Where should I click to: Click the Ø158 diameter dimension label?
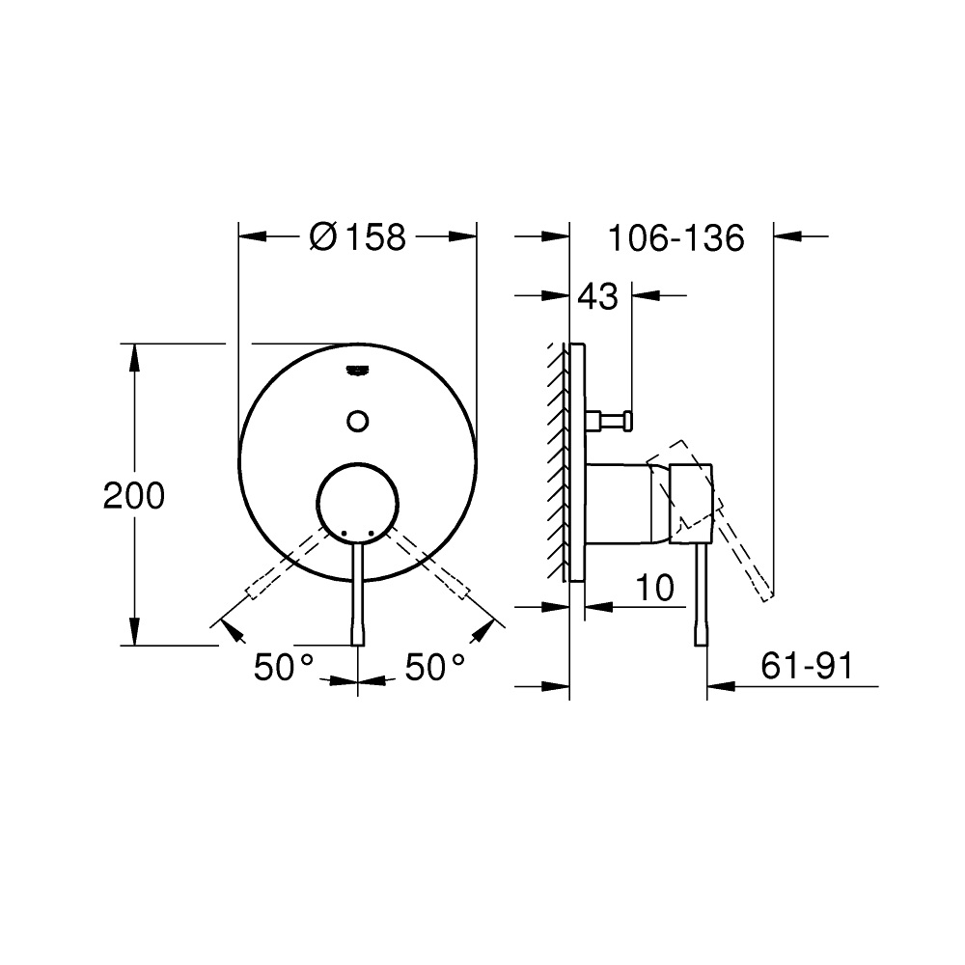tap(358, 236)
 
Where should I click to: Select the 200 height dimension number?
tap(133, 495)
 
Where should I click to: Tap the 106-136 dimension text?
tap(675, 237)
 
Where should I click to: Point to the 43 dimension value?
tap(598, 296)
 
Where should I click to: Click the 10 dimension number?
tap(654, 588)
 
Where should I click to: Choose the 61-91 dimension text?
tap(808, 665)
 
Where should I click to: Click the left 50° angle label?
tap(284, 667)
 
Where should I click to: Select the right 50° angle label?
tap(434, 667)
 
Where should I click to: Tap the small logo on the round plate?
tap(358, 370)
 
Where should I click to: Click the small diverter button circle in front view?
tap(358, 422)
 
